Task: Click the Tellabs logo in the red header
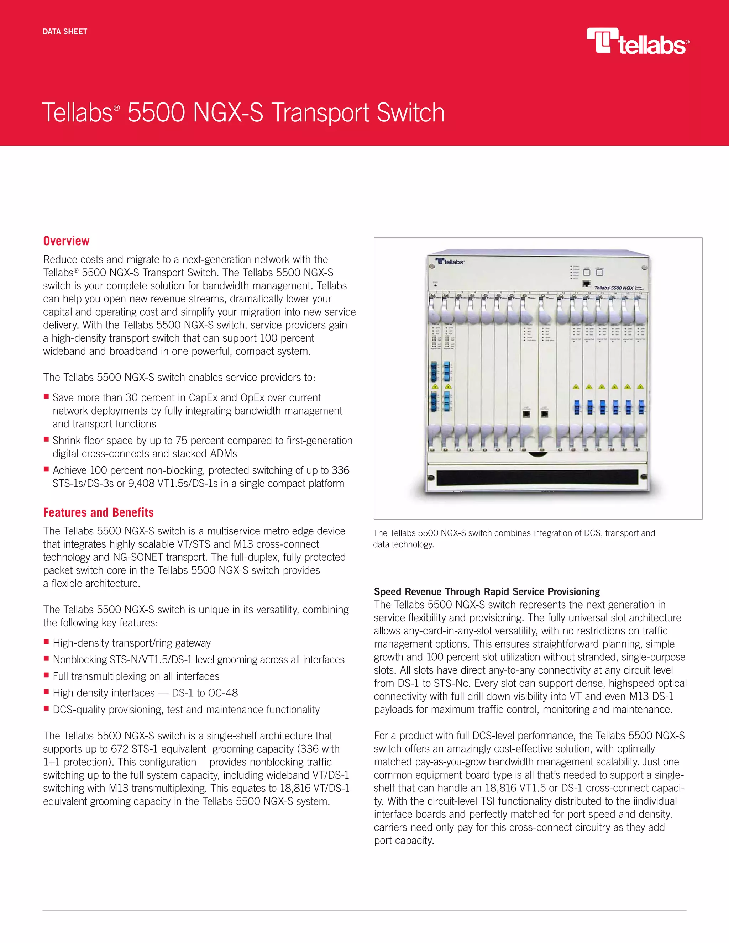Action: click(638, 42)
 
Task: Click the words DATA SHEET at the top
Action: click(65, 32)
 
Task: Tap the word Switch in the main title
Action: click(410, 113)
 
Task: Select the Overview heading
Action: click(66, 241)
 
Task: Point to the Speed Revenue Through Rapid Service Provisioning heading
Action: click(487, 591)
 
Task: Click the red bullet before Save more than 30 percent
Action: click(46, 396)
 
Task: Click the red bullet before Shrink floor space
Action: click(46, 439)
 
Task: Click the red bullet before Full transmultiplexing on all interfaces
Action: click(46, 675)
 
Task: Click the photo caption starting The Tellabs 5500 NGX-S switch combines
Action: click(514, 538)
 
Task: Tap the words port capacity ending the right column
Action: click(403, 841)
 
